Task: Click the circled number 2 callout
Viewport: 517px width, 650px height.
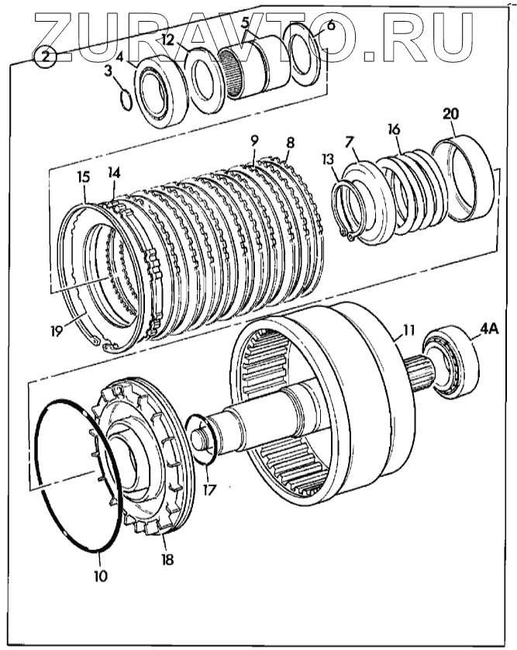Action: coord(46,57)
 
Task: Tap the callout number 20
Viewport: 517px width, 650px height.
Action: coord(450,114)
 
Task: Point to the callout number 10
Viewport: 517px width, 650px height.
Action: coord(101,576)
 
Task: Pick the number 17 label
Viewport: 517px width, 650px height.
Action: coord(210,490)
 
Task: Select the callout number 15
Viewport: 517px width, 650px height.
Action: coord(83,178)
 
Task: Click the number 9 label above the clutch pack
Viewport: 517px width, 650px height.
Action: coord(253,142)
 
